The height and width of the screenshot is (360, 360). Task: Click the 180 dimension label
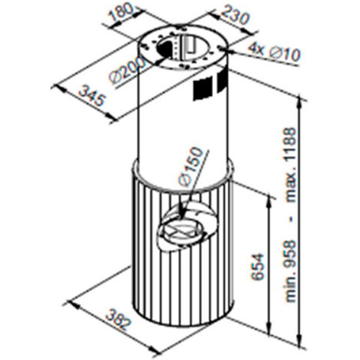(121, 13)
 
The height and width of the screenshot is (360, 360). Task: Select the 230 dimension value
(235, 16)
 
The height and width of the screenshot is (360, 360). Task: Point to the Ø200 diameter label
(127, 71)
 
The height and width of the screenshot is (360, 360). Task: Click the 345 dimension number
(91, 96)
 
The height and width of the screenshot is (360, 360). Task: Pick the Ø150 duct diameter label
(190, 166)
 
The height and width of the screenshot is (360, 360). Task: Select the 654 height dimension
(258, 266)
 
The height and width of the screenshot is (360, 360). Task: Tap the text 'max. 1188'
(291, 165)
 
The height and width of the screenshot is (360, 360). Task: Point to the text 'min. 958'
(291, 271)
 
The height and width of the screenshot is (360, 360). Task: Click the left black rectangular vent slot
(203, 88)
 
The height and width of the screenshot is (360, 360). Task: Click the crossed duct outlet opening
(181, 230)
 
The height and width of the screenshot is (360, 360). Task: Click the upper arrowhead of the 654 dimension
(268, 200)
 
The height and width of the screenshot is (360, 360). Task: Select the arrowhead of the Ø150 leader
(182, 214)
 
